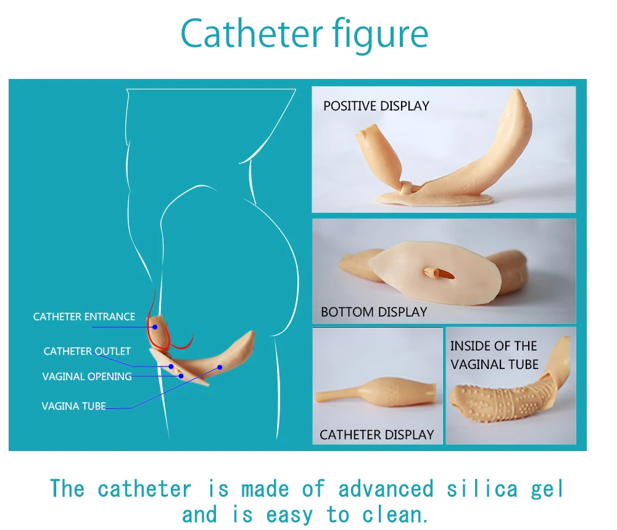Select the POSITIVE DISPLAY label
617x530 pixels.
pyautogui.click(x=376, y=106)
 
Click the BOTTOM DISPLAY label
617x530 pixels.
pyautogui.click(x=374, y=312)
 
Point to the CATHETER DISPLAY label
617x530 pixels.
pyautogui.click(x=376, y=434)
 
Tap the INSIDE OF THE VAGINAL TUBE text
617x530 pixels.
pyautogui.click(x=494, y=355)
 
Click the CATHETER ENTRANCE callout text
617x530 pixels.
pyautogui.click(x=84, y=317)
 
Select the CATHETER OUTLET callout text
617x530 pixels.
pyautogui.click(x=87, y=351)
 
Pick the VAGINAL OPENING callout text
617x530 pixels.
pyautogui.click(x=87, y=376)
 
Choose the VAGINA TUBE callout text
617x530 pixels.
pyautogui.click(x=73, y=406)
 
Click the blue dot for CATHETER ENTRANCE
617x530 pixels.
pyautogui.click(x=155, y=327)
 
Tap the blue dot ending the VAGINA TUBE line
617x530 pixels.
pyautogui.click(x=220, y=367)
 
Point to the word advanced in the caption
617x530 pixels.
pyautogui.click(x=386, y=489)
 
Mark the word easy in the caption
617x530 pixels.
pyautogui.click(x=290, y=514)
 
